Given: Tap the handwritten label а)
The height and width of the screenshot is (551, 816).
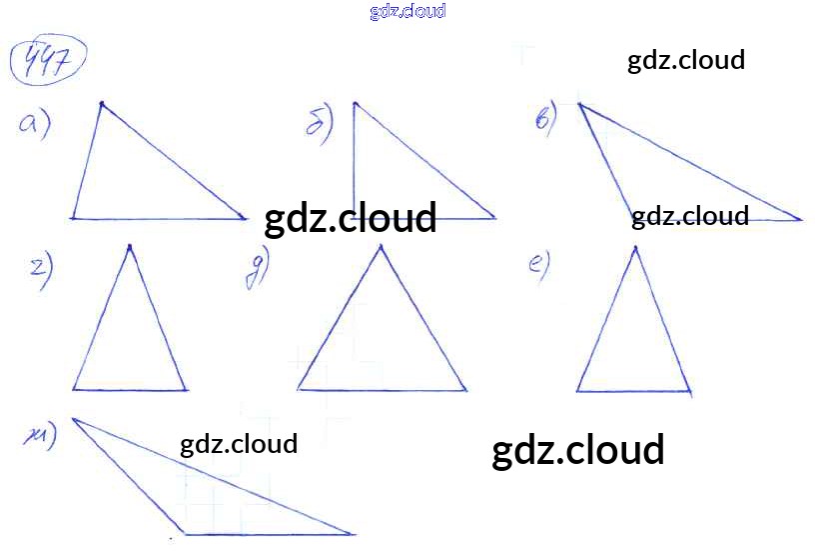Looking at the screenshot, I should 34,124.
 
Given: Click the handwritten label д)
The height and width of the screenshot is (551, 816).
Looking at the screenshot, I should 257,270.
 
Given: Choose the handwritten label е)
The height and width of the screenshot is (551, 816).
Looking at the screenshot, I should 538,266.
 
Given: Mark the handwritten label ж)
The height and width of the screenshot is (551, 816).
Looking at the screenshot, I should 41,433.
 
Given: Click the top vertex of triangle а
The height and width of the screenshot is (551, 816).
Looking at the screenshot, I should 101,102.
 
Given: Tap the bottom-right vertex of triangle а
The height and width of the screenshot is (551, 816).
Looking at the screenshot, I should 246,217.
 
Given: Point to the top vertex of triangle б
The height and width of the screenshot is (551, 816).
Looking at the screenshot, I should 355,102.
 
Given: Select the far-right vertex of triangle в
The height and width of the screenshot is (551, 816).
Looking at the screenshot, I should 801,219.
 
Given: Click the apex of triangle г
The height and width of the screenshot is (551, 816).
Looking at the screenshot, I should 130,245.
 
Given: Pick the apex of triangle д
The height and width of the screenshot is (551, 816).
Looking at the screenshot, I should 380,245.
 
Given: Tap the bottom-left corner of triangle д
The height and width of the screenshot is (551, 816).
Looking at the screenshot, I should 298,390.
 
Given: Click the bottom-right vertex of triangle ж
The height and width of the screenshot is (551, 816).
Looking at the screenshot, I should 355,534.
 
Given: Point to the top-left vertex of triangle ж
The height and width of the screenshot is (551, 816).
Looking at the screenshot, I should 73,418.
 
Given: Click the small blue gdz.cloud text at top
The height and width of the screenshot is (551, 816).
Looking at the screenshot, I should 408,11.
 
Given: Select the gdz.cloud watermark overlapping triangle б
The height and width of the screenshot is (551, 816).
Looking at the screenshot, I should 351,218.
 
